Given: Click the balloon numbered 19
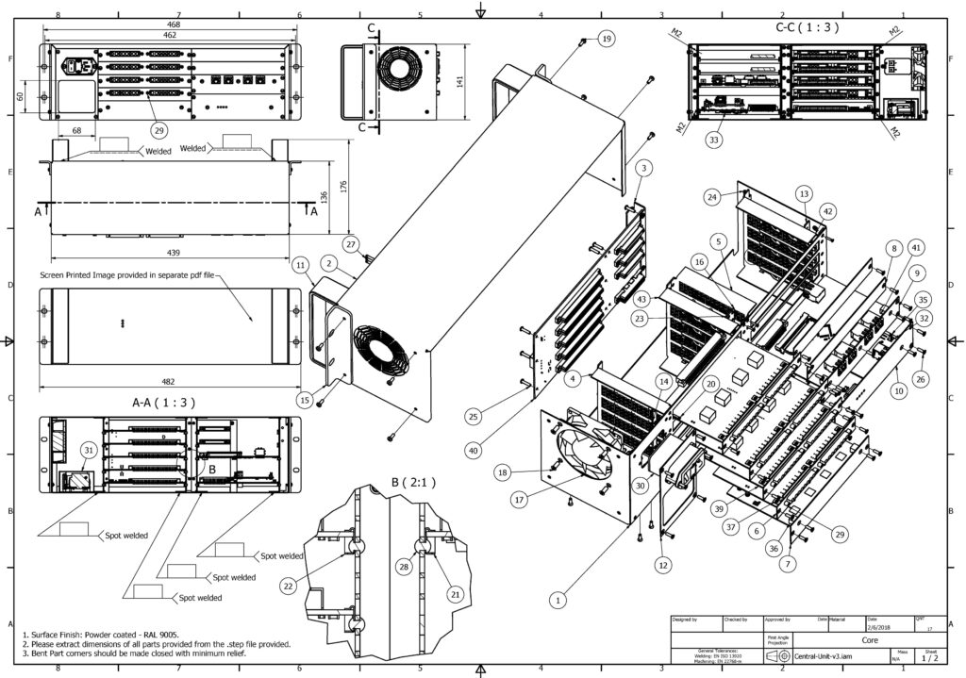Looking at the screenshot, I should [x=605, y=39].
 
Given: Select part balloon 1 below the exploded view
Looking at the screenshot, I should [x=559, y=598].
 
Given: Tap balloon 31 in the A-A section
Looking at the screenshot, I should [x=88, y=450].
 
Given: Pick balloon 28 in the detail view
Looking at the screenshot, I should [x=405, y=567].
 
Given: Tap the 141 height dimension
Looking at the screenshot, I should [x=459, y=82].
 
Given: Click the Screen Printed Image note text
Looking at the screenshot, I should [x=127, y=275].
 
